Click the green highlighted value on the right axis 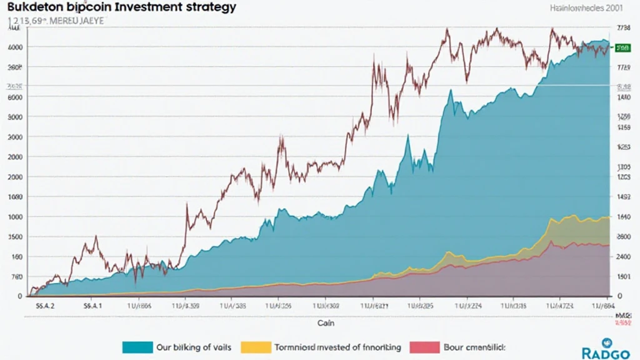click(x=622, y=47)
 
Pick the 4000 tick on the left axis click(x=16, y=47)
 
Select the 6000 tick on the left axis click(x=16, y=97)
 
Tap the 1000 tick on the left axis click(x=16, y=216)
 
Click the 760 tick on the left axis click(x=17, y=276)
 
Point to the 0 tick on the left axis click(x=20, y=296)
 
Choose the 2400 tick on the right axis click(x=622, y=257)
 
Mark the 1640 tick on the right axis click(x=622, y=217)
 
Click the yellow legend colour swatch click(x=255, y=347)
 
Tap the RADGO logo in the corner click(x=603, y=349)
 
